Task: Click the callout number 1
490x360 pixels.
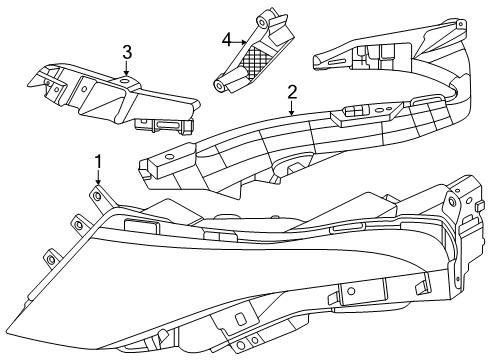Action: (98, 160)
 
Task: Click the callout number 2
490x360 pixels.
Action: (292, 92)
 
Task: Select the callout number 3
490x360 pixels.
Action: (126, 51)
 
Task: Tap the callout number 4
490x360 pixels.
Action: (226, 39)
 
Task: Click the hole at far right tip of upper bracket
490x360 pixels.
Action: (458, 29)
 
